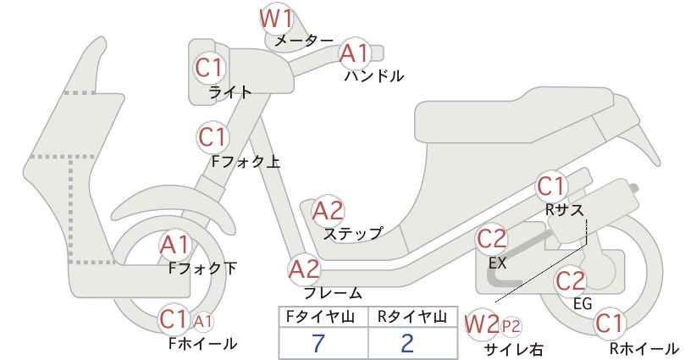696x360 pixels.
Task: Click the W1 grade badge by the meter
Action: [276, 19]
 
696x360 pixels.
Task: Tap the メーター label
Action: [304, 41]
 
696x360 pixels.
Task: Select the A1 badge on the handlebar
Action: [355, 53]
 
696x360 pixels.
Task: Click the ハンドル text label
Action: [374, 76]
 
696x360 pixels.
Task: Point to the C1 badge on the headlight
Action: [208, 69]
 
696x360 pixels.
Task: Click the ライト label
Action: [230, 91]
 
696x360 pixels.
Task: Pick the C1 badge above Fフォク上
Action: [213, 137]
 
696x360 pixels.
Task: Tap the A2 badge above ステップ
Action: [329, 211]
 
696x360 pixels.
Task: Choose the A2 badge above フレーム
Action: [305, 269]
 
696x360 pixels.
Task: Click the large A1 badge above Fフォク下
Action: [175, 245]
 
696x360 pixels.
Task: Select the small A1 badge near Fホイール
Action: [202, 321]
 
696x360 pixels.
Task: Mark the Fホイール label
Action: [203, 343]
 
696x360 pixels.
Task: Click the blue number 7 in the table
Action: [318, 343]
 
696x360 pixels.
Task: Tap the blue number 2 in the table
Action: [406, 343]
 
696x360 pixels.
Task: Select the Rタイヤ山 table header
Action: [412, 317]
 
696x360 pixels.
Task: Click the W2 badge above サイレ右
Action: [482, 324]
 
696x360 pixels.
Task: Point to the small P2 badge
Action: [511, 327]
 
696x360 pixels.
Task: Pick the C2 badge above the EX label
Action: [491, 239]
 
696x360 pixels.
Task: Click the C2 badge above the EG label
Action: [571, 280]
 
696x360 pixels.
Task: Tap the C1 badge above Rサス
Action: [551, 186]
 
